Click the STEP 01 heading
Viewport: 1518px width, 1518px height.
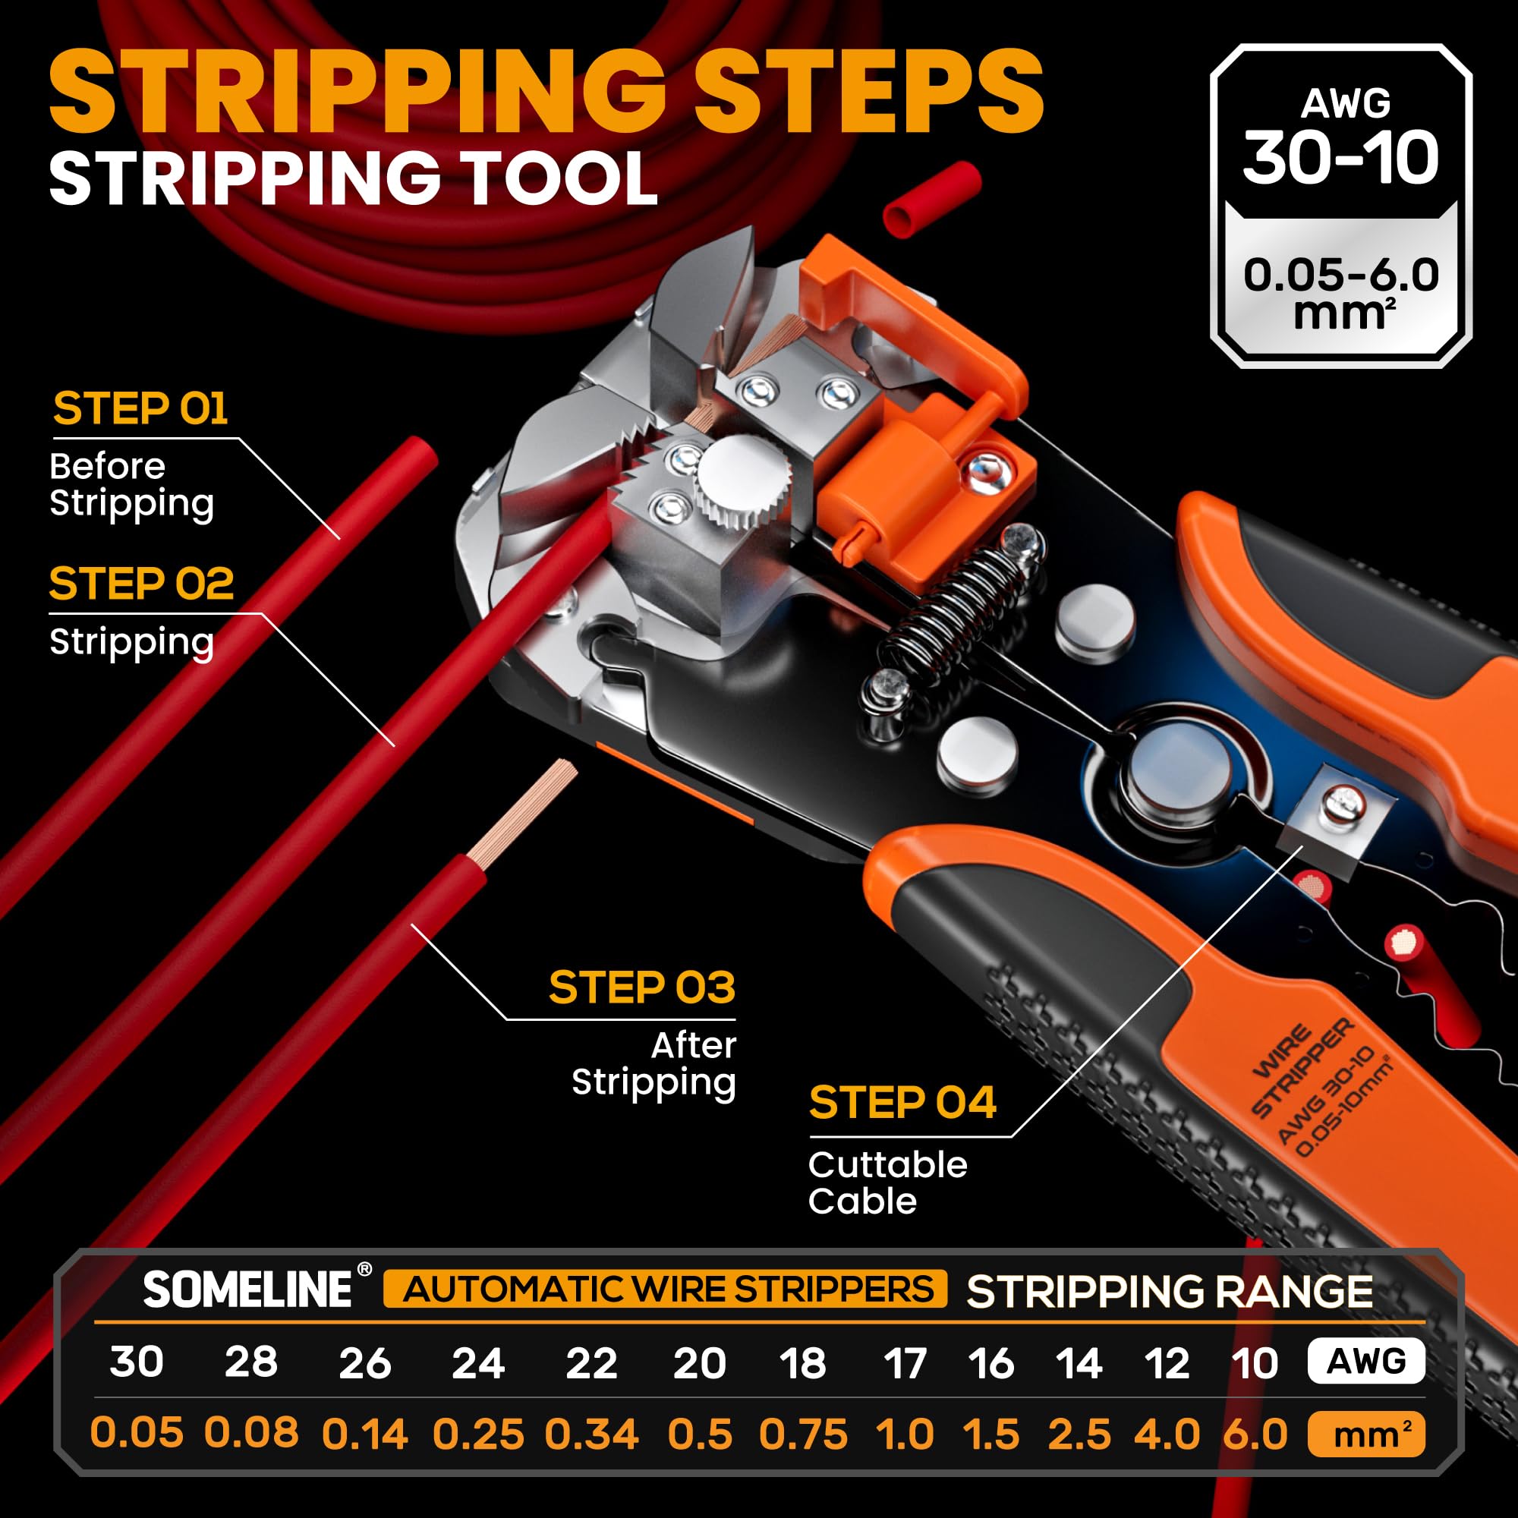(140, 408)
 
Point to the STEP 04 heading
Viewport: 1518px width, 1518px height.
(902, 1102)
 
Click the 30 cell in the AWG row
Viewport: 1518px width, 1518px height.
(137, 1361)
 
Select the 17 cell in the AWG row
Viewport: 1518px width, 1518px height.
(905, 1362)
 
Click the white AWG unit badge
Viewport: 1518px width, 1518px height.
(1366, 1361)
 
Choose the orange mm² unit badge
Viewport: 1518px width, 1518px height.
(1366, 1434)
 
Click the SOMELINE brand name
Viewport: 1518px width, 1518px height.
(247, 1290)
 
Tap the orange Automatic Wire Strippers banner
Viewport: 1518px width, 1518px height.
(665, 1290)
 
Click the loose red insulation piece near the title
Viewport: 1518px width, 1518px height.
(932, 199)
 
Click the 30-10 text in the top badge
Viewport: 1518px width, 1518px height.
(1340, 159)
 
